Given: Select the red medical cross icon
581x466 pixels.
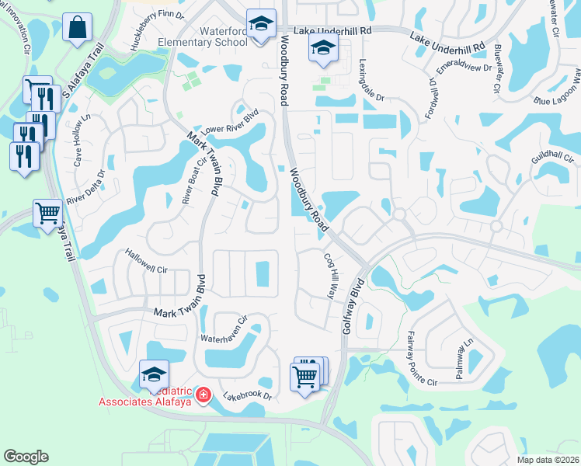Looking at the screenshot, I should [204, 395].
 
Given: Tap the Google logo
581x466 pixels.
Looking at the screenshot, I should [27, 456].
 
